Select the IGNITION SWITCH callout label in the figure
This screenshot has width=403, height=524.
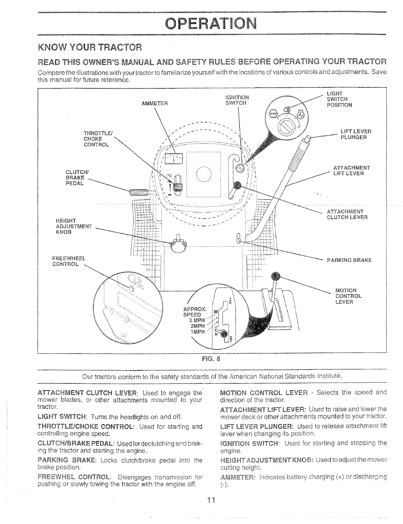click(x=237, y=100)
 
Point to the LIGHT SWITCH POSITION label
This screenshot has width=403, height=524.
click(x=339, y=99)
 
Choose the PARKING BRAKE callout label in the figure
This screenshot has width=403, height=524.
click(x=349, y=260)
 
